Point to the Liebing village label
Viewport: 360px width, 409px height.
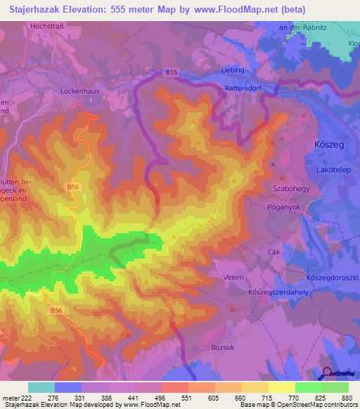[x=231, y=70]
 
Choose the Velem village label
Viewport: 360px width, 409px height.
[x=233, y=276]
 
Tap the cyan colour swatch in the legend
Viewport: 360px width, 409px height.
[x=41, y=387]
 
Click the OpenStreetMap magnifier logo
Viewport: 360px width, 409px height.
[x=328, y=373]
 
